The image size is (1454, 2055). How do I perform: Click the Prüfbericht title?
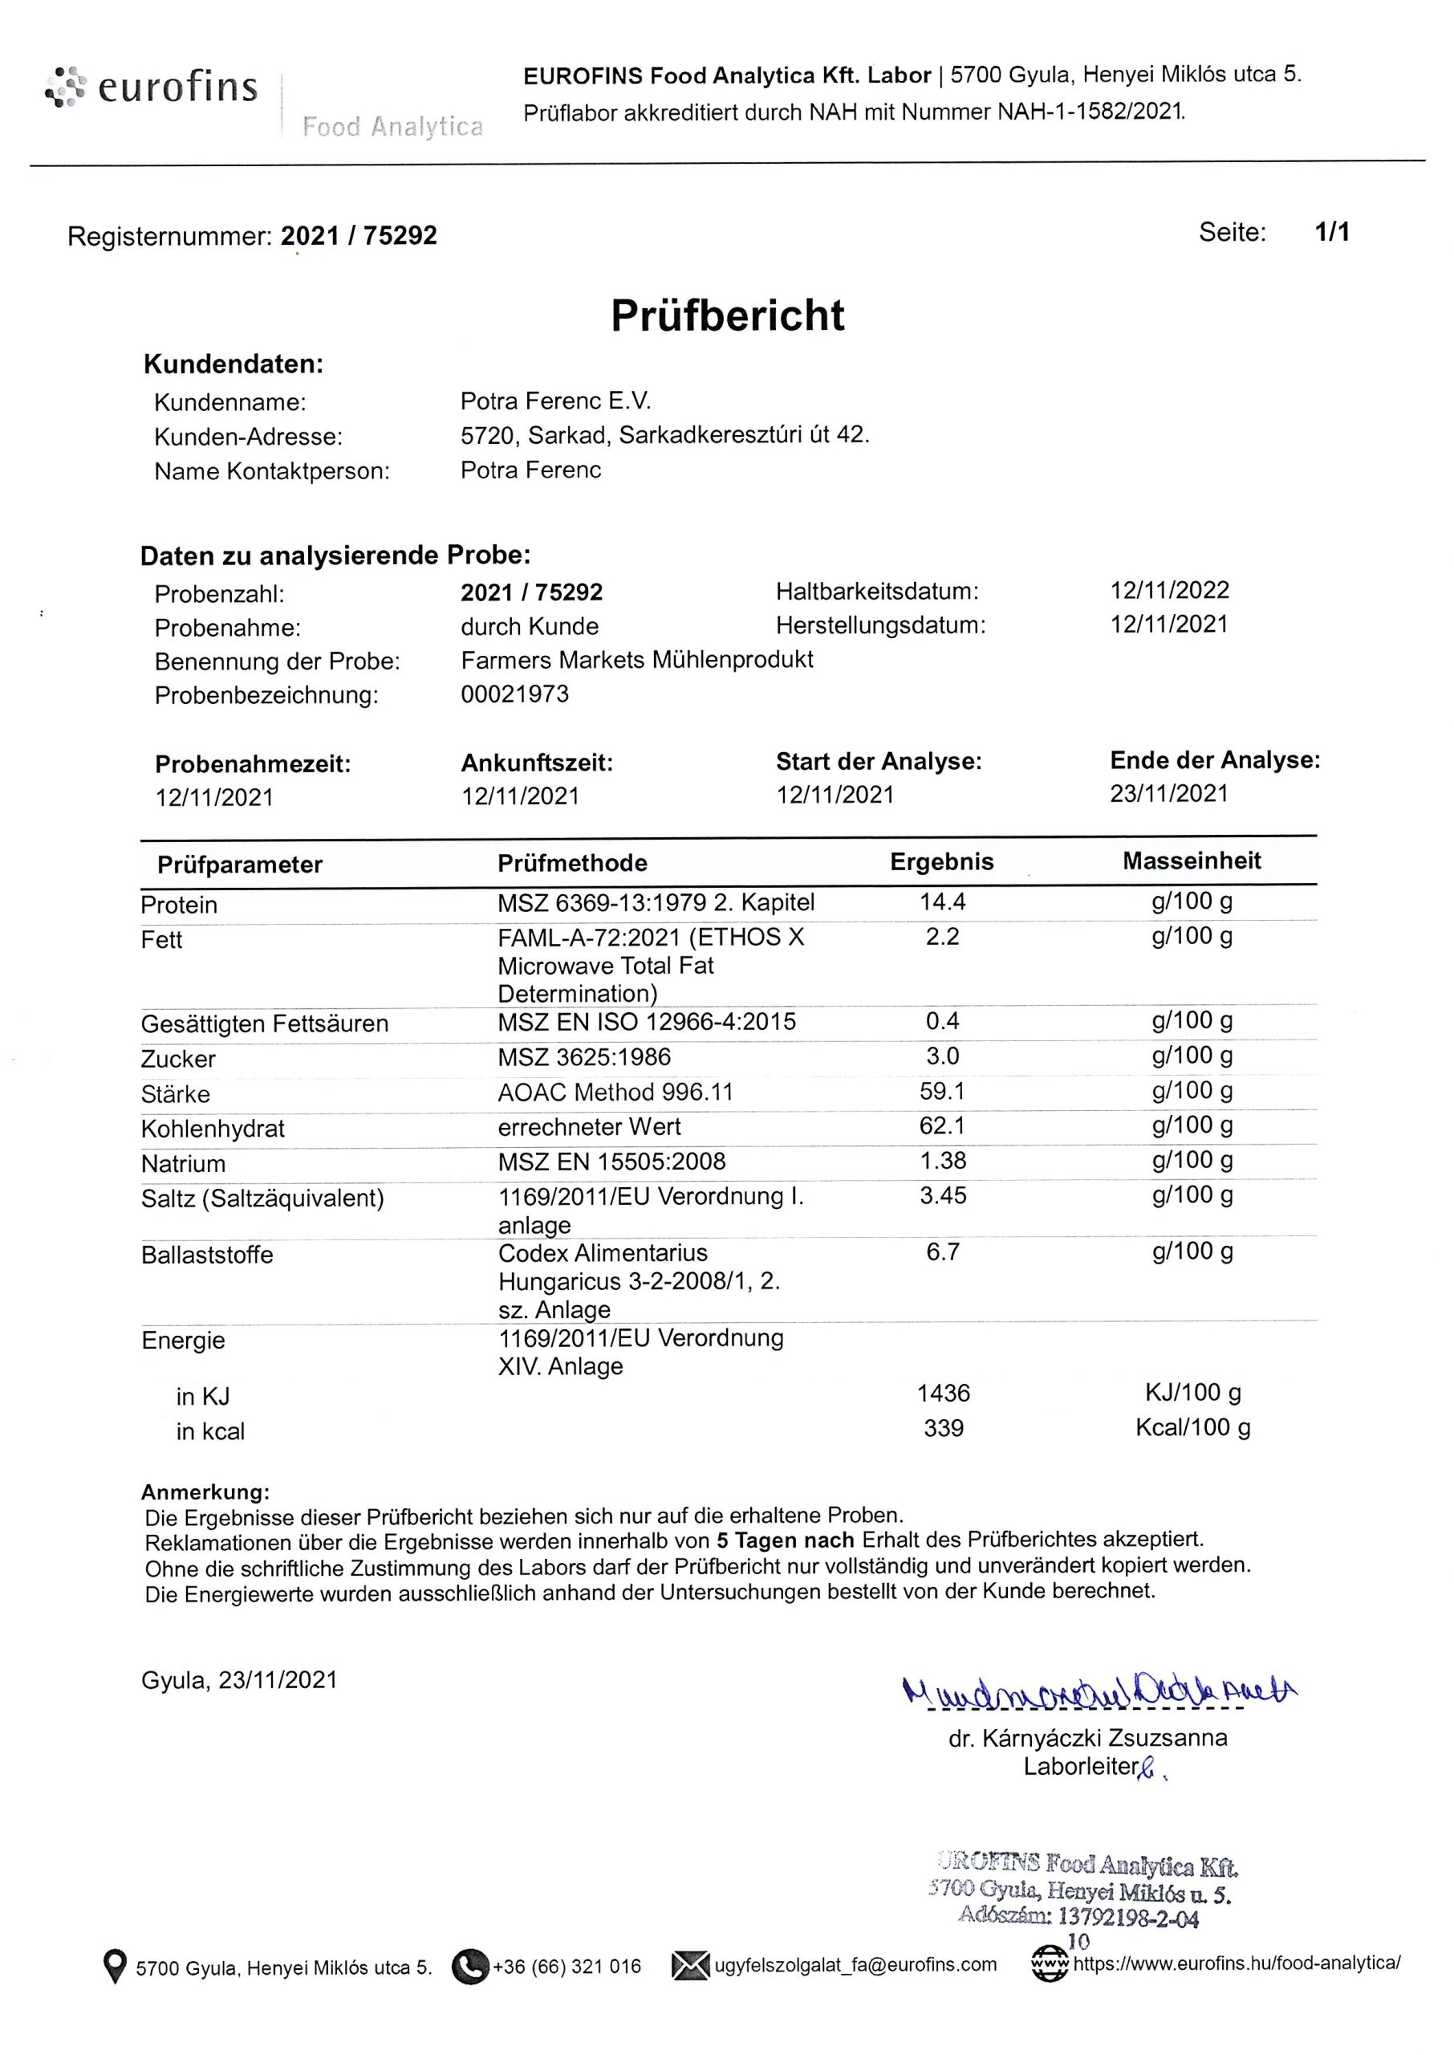tap(727, 315)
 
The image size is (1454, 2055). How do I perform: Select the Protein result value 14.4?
tap(942, 901)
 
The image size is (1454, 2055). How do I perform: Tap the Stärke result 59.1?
tap(942, 1091)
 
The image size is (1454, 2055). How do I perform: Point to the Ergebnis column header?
tap(941, 861)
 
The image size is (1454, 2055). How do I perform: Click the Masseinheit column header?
tap(1191, 861)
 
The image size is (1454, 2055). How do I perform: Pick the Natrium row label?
tap(184, 1163)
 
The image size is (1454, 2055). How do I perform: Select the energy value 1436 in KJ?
tap(943, 1393)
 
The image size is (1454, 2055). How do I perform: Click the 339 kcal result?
tap(943, 1427)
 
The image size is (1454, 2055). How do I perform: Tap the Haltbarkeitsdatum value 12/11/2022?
tap(1169, 590)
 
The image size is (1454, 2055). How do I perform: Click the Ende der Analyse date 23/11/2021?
tap(1168, 793)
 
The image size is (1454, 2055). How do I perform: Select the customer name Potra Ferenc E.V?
tap(555, 401)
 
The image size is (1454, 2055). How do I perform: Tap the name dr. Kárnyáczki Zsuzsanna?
tap(1087, 1738)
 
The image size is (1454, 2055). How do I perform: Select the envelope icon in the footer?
tap(690, 1964)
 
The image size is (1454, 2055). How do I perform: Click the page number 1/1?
tap(1331, 233)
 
